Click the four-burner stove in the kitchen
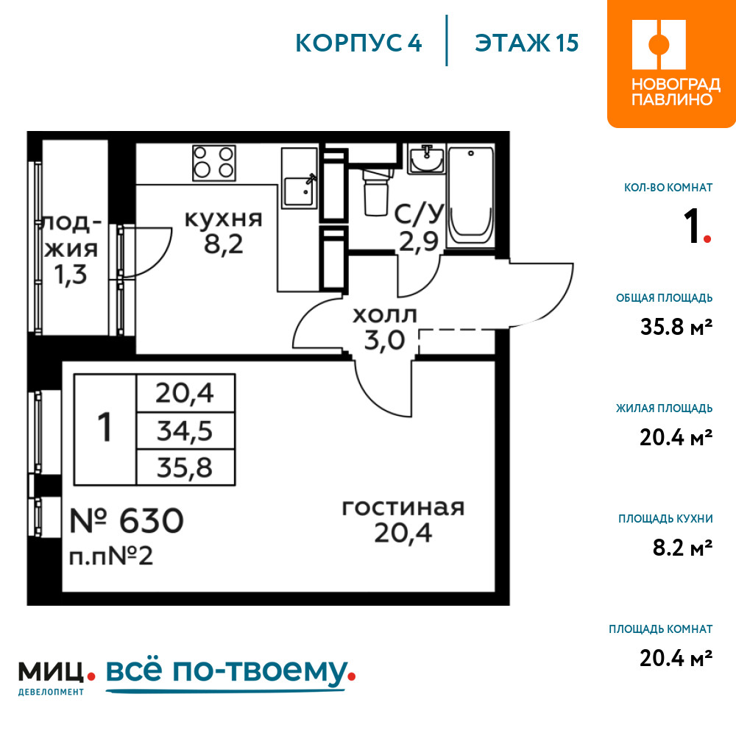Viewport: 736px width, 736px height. [x=214, y=163]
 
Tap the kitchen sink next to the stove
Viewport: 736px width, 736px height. [x=300, y=178]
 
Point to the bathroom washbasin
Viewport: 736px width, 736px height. [x=426, y=159]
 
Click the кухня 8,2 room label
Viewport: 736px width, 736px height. [x=224, y=233]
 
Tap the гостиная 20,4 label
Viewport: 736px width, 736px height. [x=403, y=520]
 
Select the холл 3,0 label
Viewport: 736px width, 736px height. [x=385, y=328]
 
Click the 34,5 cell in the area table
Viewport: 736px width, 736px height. [x=185, y=431]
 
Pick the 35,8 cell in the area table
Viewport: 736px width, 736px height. [x=185, y=467]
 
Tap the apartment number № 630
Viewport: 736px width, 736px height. [x=127, y=520]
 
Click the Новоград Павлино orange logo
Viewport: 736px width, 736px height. [x=671, y=64]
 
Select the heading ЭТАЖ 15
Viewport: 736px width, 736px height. [x=527, y=43]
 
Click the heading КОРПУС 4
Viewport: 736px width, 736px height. [x=358, y=43]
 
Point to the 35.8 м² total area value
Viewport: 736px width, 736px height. [x=676, y=327]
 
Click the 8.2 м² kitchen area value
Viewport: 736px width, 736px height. [x=682, y=548]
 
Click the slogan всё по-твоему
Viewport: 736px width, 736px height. [x=230, y=673]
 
